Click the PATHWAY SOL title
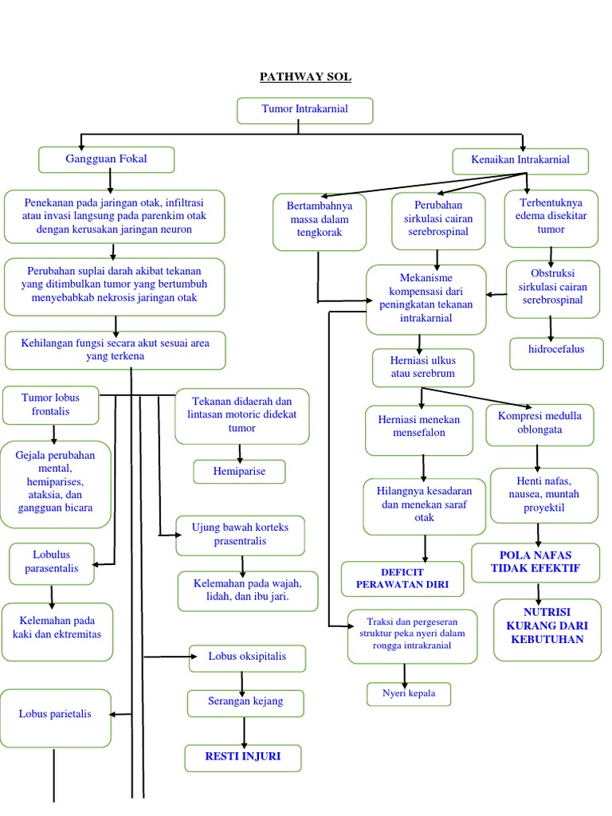305,77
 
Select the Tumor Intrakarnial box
304,110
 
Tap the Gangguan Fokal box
106,159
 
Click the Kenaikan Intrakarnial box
520,160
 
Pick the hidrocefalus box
556,350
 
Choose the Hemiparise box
239,472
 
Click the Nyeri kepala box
408,694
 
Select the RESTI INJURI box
243,757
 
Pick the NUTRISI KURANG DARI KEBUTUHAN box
546,630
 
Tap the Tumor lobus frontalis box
51,404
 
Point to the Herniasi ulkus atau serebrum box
422,367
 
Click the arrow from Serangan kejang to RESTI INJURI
244,730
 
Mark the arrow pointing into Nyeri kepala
405,673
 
